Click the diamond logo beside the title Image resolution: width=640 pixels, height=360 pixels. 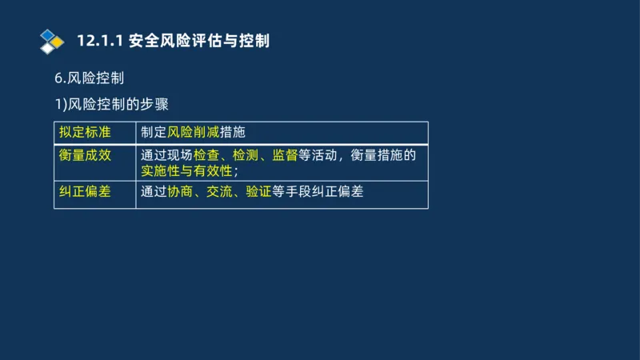tap(52, 41)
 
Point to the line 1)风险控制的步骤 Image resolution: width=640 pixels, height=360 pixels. tap(111, 104)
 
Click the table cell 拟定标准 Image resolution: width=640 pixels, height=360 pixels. tap(85, 132)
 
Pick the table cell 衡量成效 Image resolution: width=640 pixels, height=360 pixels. tap(85, 154)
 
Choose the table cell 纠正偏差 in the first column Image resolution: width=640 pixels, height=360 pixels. tap(85, 192)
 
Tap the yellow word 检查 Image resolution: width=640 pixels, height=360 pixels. tap(206, 154)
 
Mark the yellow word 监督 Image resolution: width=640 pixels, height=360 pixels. tap(285, 154)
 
